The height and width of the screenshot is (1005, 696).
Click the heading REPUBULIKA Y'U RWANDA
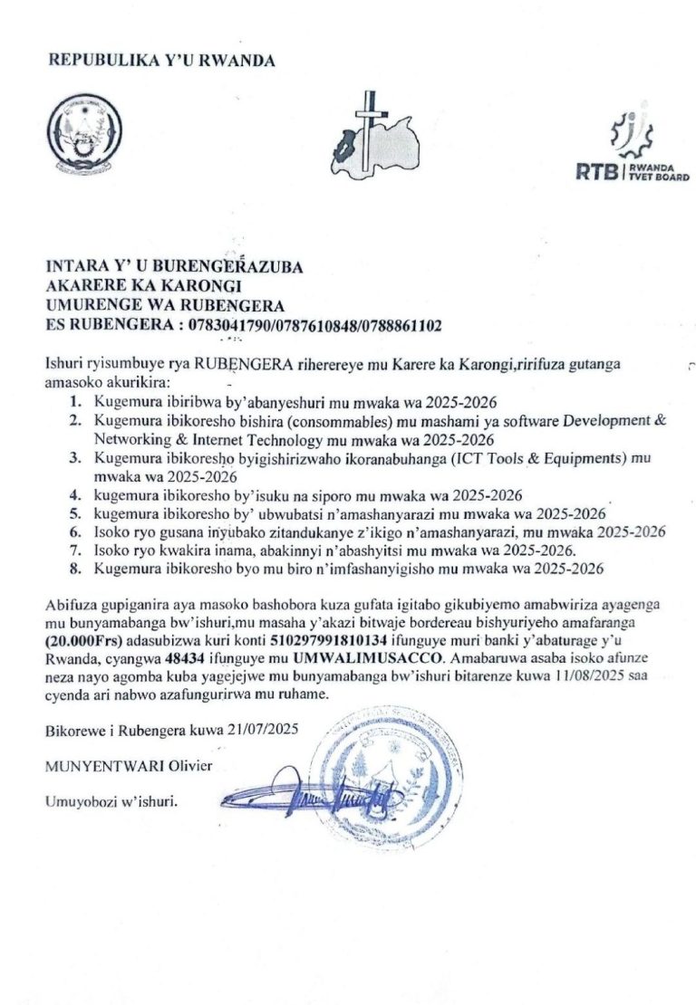click(x=162, y=61)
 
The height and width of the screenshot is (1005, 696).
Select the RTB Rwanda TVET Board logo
click(x=631, y=150)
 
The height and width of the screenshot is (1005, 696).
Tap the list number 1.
click(x=75, y=400)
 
